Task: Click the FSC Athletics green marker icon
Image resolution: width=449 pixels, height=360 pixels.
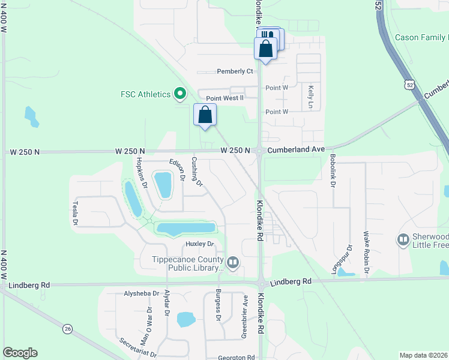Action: coord(179,94)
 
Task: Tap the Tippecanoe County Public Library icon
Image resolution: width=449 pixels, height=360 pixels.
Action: coord(233,262)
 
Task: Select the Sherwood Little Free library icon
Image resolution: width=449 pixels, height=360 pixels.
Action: coord(403,241)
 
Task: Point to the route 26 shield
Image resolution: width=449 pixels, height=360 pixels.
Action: coord(68,329)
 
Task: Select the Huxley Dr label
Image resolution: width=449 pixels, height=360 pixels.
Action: coord(200,244)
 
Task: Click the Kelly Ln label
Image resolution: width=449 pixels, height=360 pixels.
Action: coord(311,97)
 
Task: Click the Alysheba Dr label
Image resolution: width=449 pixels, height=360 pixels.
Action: coord(140,294)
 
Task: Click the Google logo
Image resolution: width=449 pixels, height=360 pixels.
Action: coord(20,353)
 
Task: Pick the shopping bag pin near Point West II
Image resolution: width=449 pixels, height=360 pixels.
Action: coord(205,115)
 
